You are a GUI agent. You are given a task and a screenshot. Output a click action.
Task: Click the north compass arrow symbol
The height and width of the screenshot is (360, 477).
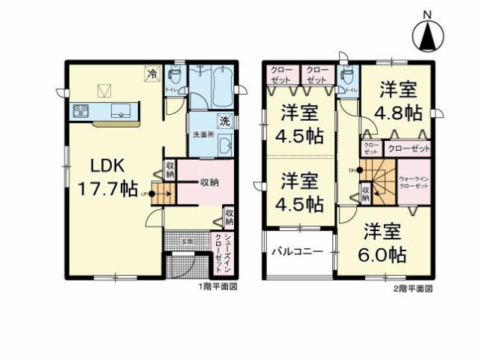click(427, 34)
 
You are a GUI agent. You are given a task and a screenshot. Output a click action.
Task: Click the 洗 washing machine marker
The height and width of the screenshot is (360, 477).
click(224, 121)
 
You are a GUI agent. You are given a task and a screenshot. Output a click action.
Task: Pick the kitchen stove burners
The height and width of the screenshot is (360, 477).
click(81, 112)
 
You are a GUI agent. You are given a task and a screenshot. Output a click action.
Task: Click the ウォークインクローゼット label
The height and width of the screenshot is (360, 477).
click(414, 181)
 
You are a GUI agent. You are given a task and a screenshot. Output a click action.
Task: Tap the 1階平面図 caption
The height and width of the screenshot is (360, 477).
click(217, 287)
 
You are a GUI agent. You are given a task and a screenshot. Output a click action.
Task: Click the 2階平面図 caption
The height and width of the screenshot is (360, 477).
click(412, 287)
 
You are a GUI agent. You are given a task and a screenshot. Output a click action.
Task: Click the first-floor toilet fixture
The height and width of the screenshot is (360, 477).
click(174, 76)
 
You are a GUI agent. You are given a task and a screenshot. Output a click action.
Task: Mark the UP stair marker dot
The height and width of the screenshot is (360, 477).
click(151, 193)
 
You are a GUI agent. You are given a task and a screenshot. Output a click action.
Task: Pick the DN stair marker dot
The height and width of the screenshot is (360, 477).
click(359, 170)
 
